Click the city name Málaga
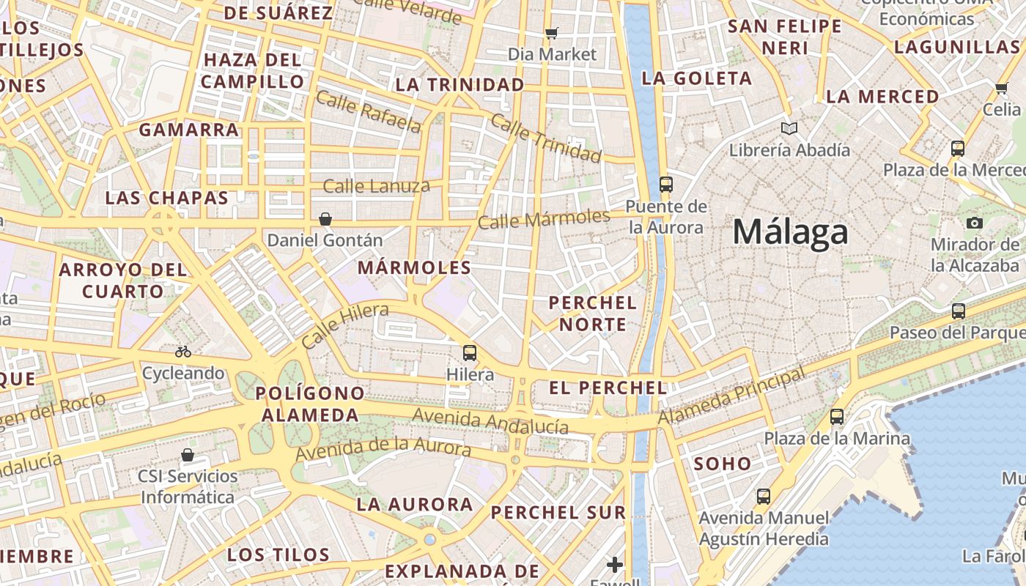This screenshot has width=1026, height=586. (790, 232)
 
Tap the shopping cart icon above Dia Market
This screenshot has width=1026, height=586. (552, 33)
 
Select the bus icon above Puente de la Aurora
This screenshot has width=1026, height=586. (665, 184)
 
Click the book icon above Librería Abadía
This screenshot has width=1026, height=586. (789, 129)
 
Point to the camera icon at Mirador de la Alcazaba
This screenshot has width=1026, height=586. (974, 223)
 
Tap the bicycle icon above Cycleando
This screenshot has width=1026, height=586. (183, 352)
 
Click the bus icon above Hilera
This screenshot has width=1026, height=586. (470, 353)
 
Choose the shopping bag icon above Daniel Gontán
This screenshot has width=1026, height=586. (325, 219)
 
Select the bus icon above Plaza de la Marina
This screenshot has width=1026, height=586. (837, 417)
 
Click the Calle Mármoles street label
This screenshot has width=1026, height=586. (544, 218)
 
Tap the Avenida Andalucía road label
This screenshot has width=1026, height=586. (490, 420)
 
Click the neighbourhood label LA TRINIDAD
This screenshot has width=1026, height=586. (460, 85)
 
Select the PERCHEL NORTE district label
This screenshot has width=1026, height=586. (593, 314)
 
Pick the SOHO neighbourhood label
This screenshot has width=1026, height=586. (723, 464)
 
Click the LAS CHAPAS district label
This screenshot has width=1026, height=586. (167, 198)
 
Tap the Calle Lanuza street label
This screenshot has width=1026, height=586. (377, 186)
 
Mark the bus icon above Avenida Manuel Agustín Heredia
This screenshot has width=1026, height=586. (764, 497)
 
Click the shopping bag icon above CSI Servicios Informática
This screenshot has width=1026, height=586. (188, 455)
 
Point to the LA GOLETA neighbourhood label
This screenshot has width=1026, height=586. (697, 78)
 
